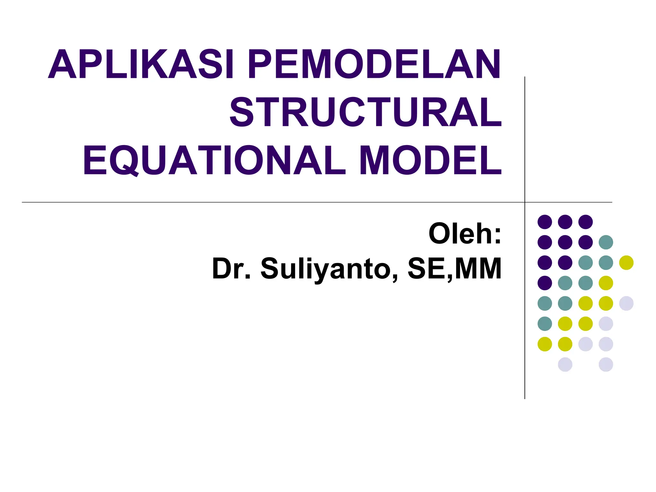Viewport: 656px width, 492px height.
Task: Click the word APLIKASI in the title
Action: [x=141, y=64]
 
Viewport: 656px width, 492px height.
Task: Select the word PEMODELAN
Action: [x=374, y=64]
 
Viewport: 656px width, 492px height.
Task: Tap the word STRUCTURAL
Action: [x=365, y=112]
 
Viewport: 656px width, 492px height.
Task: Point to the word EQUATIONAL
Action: [x=214, y=160]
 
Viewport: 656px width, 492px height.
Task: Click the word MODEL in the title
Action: [x=430, y=160]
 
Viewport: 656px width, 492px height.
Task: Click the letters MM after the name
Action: [x=478, y=268]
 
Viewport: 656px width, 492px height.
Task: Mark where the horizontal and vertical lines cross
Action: [x=525, y=202]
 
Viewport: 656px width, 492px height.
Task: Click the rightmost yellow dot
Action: [x=626, y=263]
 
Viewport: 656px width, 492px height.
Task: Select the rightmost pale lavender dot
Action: [x=626, y=303]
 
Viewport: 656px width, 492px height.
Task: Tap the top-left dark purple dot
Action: [x=545, y=222]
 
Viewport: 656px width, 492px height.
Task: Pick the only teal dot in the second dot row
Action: [x=606, y=242]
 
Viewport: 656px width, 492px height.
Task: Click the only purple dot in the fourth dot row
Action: [x=545, y=283]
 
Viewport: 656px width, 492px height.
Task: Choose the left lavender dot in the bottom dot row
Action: [x=565, y=365]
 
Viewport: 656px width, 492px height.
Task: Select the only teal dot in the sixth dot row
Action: [x=545, y=324]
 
